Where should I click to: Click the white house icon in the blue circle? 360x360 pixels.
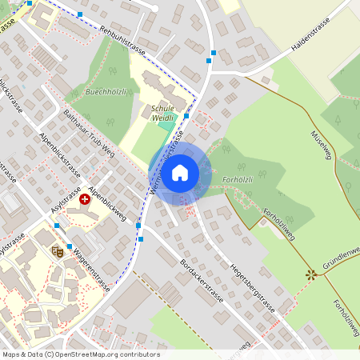[x=180, y=172]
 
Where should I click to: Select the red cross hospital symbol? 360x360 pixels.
[x=85, y=198]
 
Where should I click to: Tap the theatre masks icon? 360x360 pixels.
[x=57, y=251]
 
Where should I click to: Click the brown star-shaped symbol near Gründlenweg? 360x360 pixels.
[x=310, y=274]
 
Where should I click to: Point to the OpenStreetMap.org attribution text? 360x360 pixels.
[x=105, y=354]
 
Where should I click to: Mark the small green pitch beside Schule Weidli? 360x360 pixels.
[x=166, y=123]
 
